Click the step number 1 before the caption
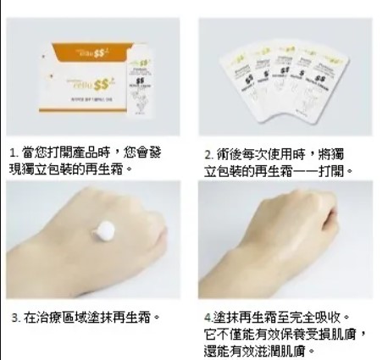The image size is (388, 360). pyautogui.click(x=13, y=152)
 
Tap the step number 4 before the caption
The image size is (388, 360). pyautogui.click(x=208, y=318)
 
